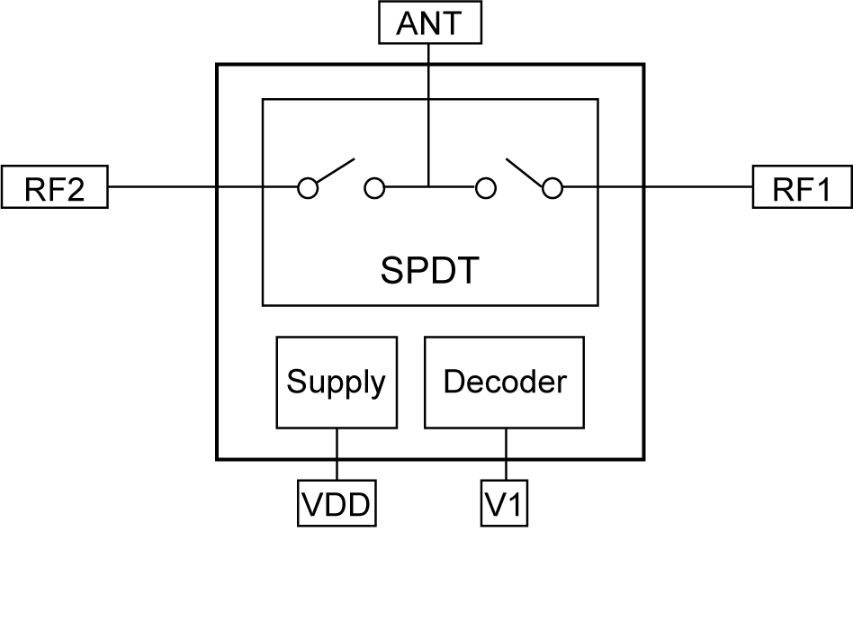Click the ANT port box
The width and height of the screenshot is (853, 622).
click(428, 23)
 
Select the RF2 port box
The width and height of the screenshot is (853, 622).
click(55, 188)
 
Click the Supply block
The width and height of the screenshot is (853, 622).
click(336, 383)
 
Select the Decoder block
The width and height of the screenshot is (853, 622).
click(504, 383)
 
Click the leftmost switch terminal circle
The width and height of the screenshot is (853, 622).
click(309, 188)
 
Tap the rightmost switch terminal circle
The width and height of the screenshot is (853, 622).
click(552, 188)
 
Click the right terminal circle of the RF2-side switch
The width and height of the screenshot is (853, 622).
click(374, 188)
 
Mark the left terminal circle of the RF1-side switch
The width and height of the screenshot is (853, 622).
click(485, 188)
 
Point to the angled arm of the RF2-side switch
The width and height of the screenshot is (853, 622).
click(332, 172)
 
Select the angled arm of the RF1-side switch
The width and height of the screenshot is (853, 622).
click(526, 173)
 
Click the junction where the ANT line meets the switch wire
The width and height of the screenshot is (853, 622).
click(428, 188)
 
